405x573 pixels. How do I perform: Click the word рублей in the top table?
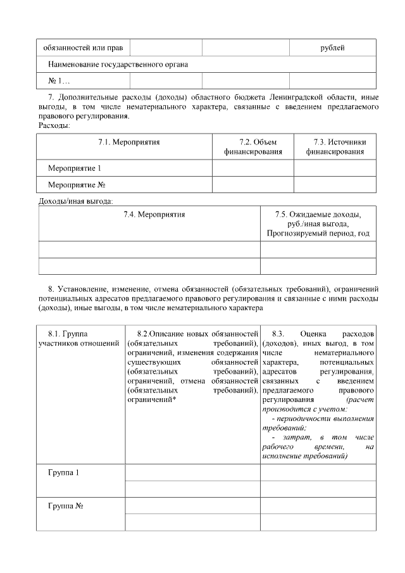pos(333,48)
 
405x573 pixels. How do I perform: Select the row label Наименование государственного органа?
pos(118,65)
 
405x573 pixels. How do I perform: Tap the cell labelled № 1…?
pos(59,80)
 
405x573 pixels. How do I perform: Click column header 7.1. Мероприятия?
pos(124,142)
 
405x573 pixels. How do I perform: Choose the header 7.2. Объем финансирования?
pos(252,147)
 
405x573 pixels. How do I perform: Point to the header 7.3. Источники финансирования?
pos(335,147)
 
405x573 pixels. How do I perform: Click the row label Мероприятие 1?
pos(75,168)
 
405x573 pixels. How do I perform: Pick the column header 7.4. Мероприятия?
pos(149,215)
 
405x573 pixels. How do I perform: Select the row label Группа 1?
pos(63,474)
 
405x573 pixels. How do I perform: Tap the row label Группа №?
pos(66,507)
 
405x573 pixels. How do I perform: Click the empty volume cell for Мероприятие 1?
pos(252,168)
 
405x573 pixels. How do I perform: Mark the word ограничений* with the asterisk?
pos(151,400)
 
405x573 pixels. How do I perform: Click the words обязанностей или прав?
pos(83,48)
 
